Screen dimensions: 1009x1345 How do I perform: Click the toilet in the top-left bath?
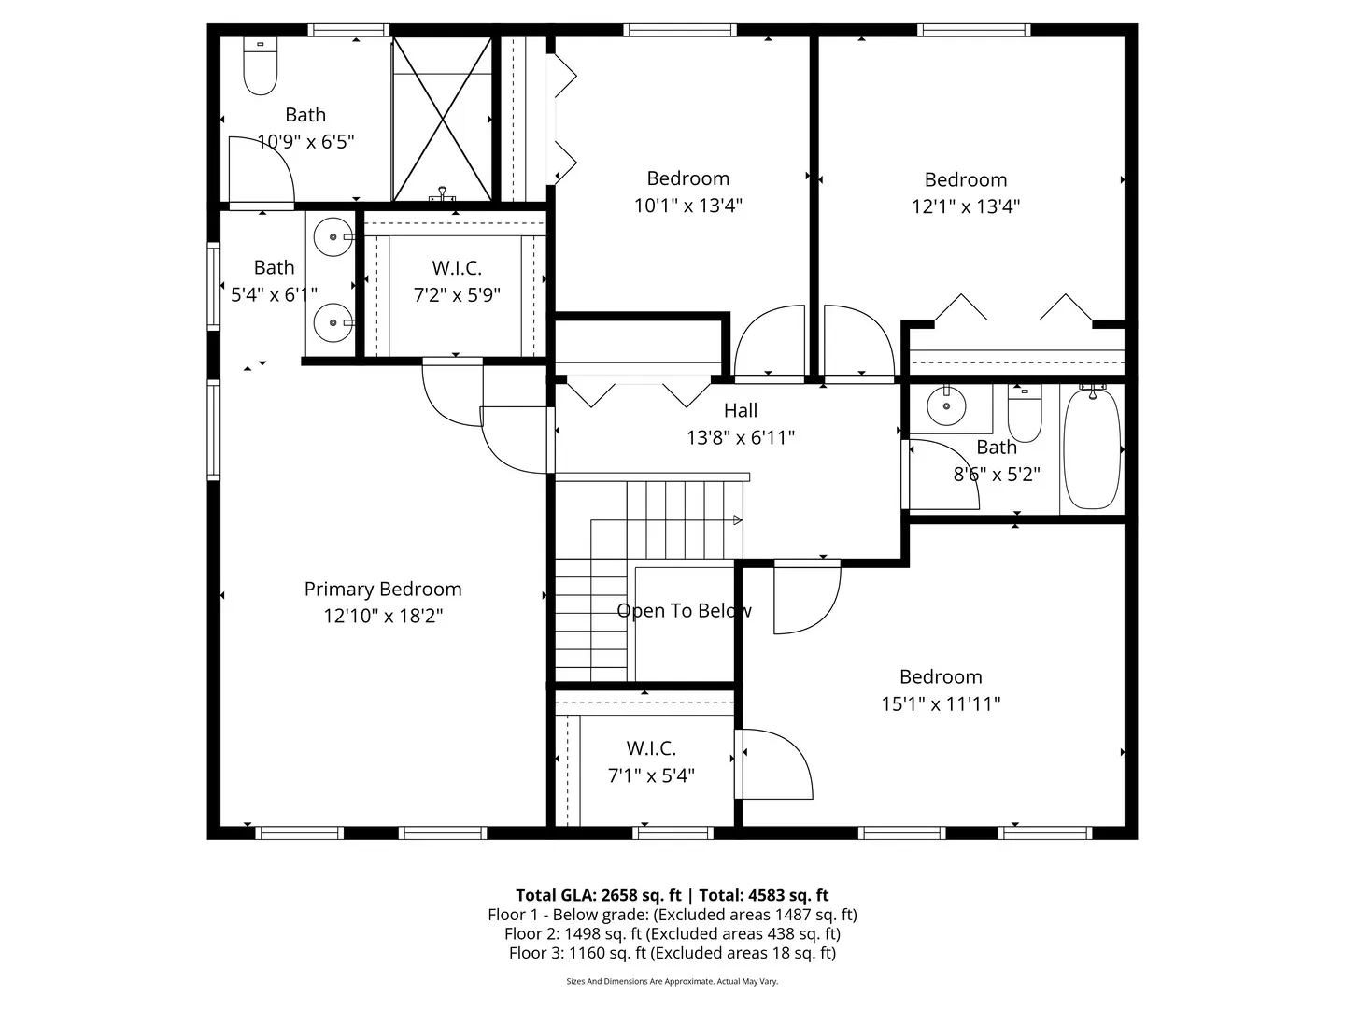(261, 67)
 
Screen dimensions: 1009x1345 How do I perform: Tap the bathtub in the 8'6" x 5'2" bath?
(1092, 449)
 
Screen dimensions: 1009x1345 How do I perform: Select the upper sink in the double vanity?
(332, 237)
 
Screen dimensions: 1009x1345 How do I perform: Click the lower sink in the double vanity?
(332, 323)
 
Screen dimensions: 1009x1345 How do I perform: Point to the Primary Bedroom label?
(383, 590)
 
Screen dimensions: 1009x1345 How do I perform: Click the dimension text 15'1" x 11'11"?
(941, 704)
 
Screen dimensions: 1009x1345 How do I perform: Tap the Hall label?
(741, 410)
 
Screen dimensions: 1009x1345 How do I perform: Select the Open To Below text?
(684, 611)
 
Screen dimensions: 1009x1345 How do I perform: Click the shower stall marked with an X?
(442, 119)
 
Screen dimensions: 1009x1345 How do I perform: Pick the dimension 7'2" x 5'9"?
(457, 295)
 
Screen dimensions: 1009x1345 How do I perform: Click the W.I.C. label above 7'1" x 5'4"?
(651, 748)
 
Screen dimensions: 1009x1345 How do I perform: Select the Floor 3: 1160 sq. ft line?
(672, 953)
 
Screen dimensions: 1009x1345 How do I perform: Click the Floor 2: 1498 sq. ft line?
(672, 933)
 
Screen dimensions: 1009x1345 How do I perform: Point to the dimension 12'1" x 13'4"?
(966, 206)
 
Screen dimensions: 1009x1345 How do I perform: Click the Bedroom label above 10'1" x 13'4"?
(688, 178)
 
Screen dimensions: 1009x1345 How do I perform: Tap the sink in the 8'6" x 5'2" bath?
(946, 405)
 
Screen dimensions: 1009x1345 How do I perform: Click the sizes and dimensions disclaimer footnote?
(672, 982)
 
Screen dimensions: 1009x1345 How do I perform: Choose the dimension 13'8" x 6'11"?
(741, 437)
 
